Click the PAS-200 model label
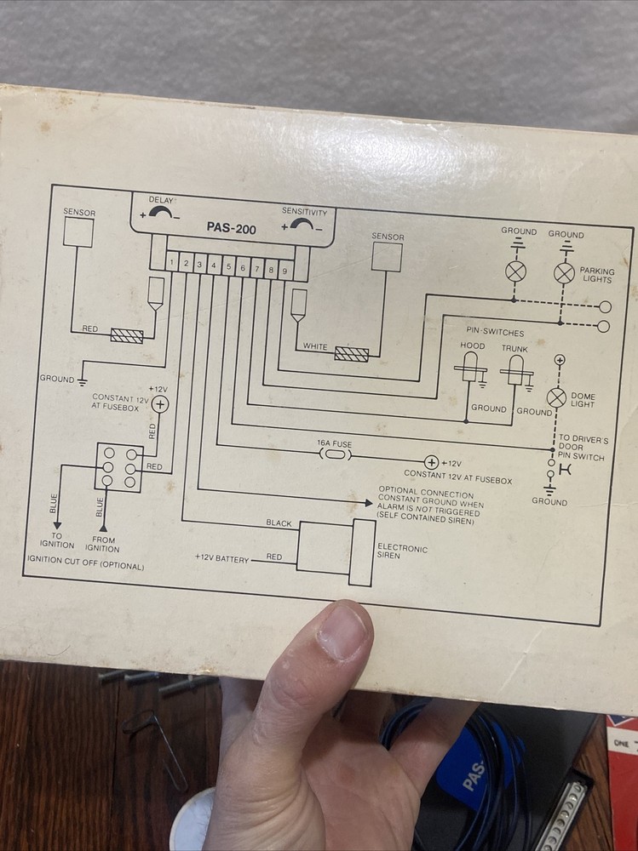point(231,228)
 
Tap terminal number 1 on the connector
point(172,263)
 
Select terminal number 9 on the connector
point(285,271)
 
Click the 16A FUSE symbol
point(334,455)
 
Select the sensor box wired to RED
point(78,231)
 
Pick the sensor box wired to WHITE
point(386,256)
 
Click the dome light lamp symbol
point(556,397)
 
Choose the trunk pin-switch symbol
point(514,370)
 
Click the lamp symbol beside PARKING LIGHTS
point(564,272)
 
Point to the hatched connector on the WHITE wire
point(351,353)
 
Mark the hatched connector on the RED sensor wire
point(126,335)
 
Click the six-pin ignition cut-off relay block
point(118,467)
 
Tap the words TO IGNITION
point(57,541)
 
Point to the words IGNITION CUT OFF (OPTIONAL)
point(85,566)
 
